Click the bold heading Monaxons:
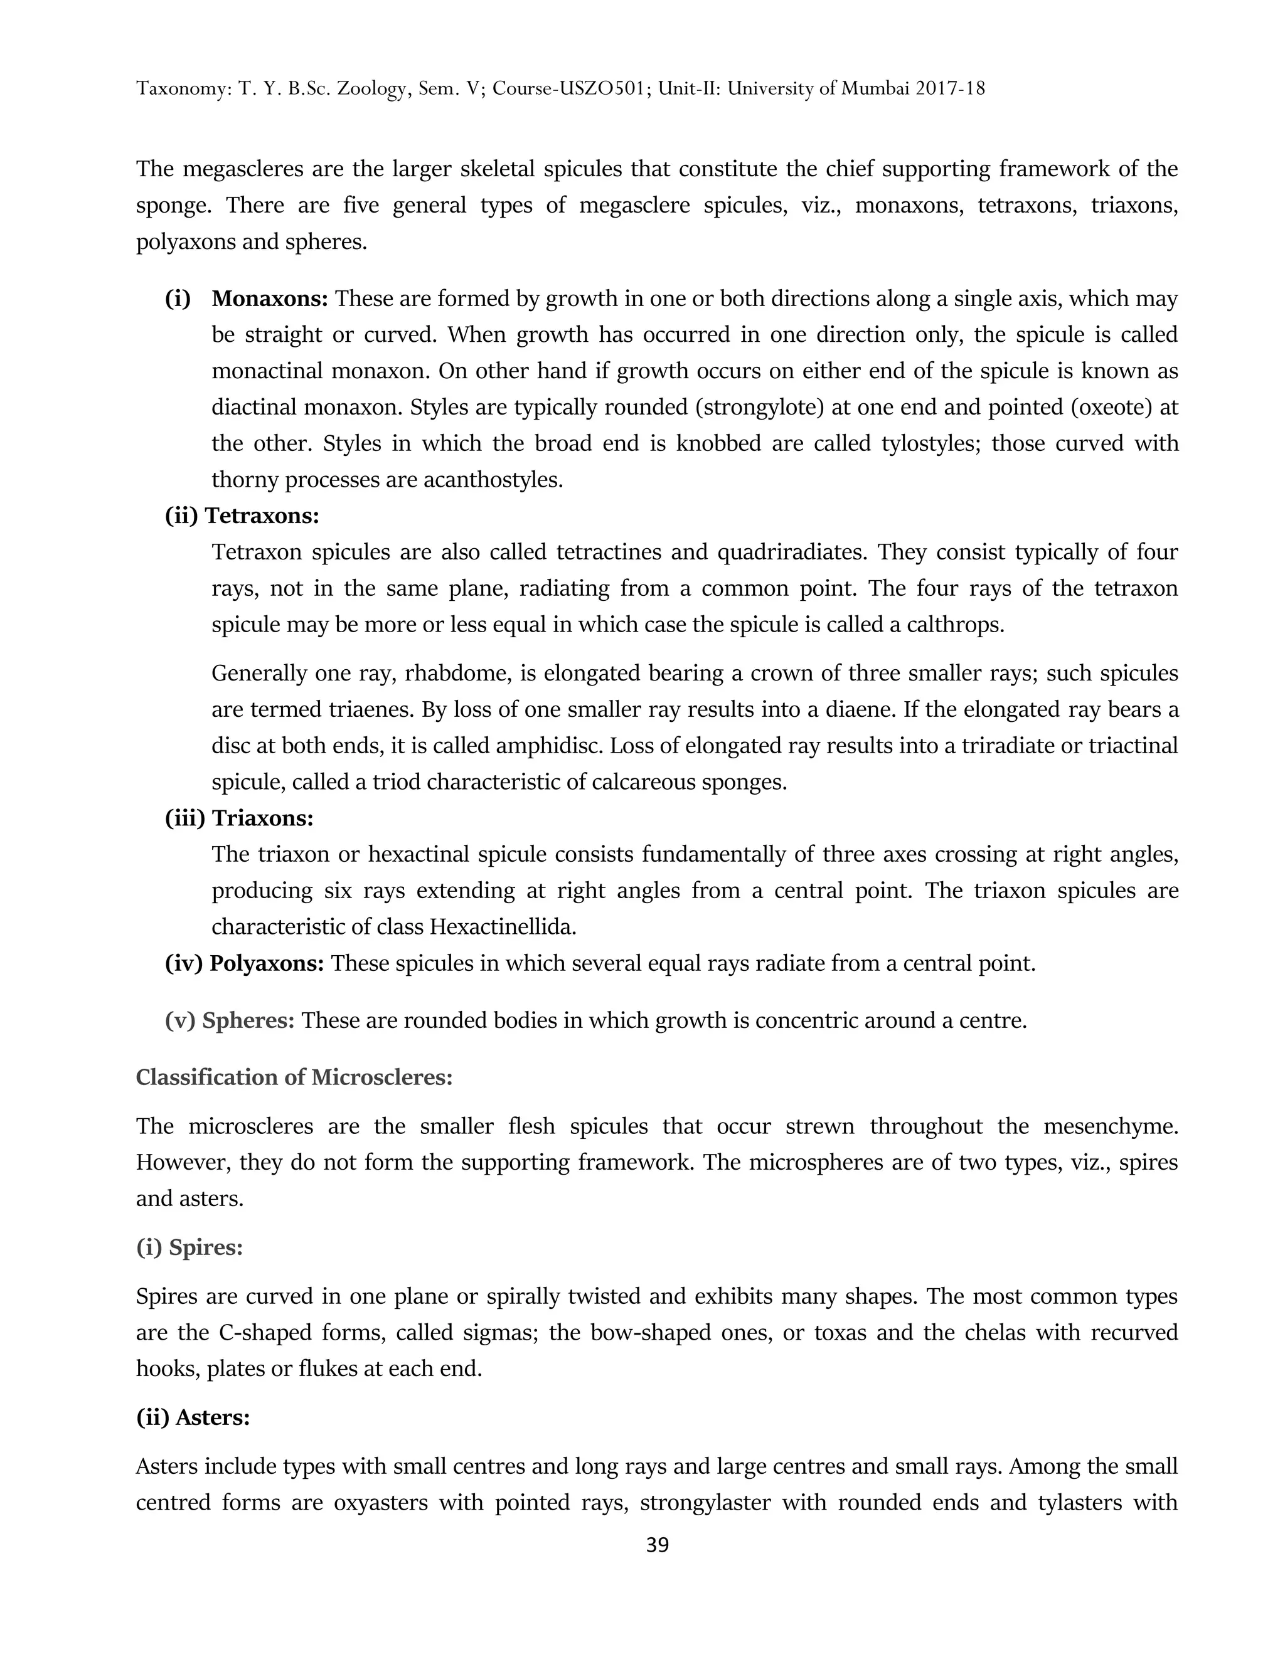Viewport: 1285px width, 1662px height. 269,299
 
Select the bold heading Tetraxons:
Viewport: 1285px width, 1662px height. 262,517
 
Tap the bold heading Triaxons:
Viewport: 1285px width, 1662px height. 263,819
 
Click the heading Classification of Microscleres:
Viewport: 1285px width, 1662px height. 294,1077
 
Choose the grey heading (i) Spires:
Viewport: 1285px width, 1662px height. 189,1248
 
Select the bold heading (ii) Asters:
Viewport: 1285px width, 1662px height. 193,1418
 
